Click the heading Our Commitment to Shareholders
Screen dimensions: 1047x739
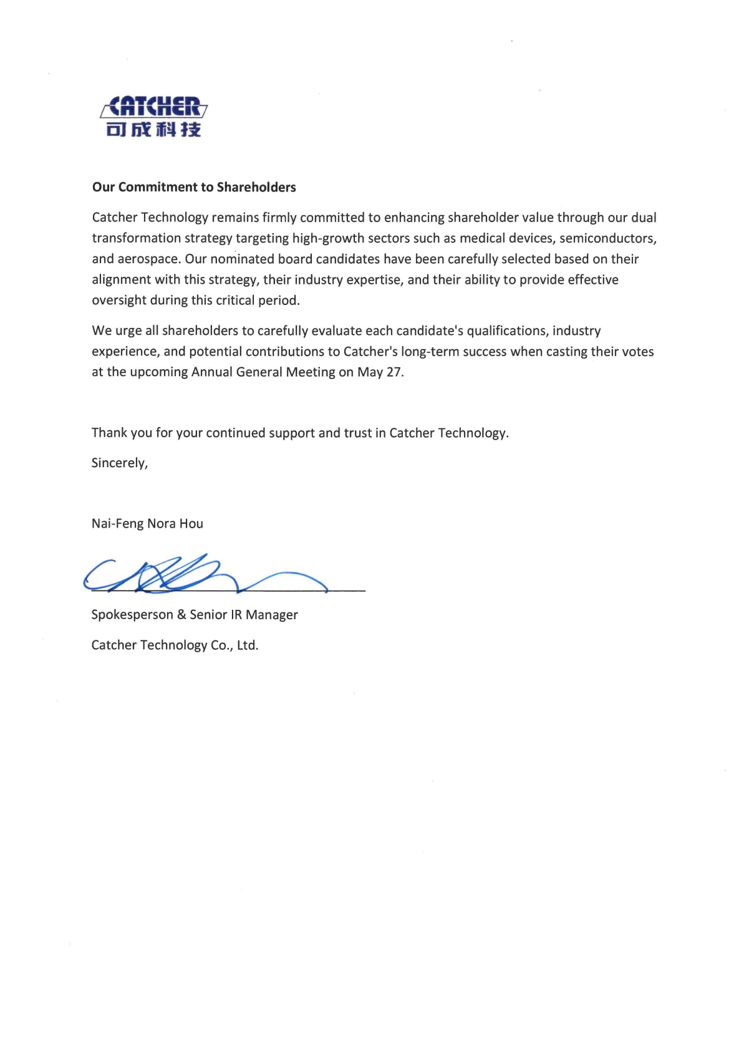(x=194, y=187)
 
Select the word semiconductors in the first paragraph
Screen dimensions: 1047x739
(x=607, y=238)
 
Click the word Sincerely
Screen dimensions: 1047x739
(x=119, y=463)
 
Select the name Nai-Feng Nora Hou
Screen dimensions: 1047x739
(x=147, y=524)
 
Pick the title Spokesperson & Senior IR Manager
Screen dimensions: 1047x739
(x=195, y=615)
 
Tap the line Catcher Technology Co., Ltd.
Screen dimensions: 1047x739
(x=175, y=645)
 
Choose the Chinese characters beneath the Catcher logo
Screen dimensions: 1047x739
(x=153, y=130)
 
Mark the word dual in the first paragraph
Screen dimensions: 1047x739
(x=644, y=218)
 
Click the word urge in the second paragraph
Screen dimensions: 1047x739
(x=128, y=331)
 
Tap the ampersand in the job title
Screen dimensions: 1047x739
(x=181, y=615)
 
